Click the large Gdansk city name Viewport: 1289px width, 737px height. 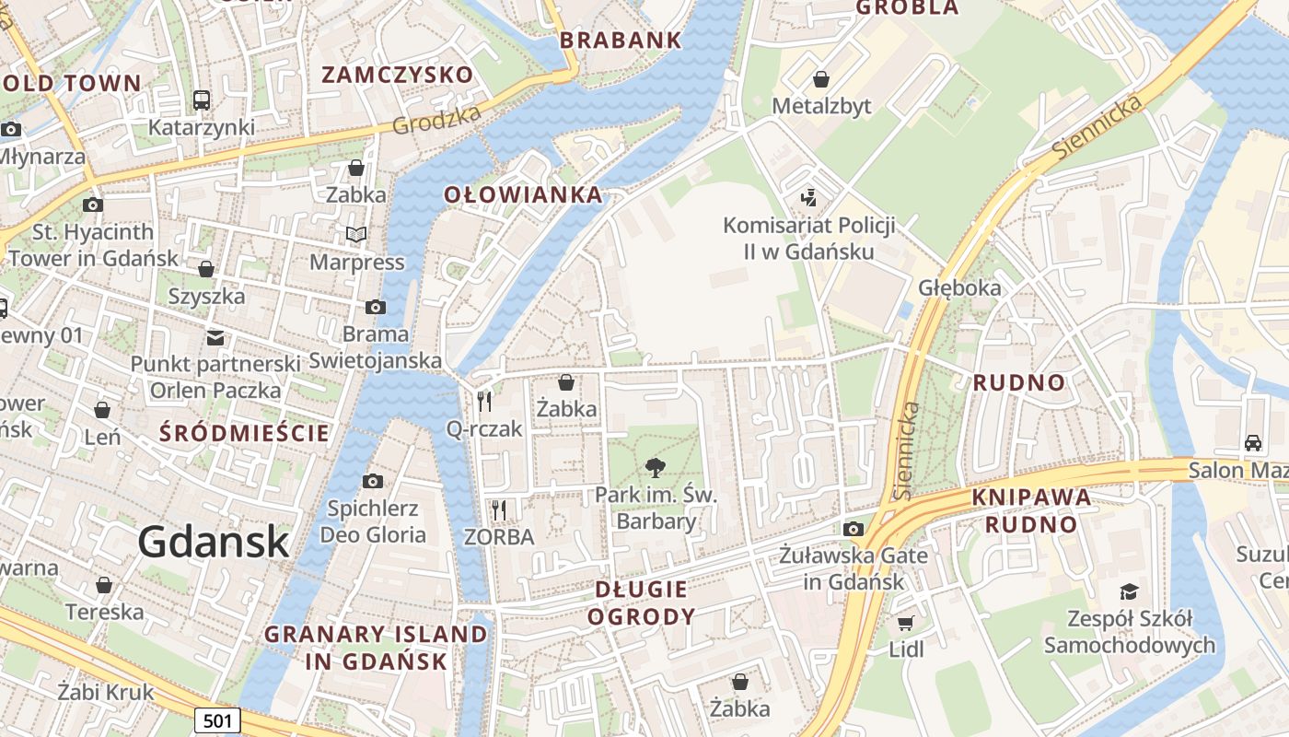click(214, 542)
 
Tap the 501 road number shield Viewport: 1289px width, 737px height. click(217, 720)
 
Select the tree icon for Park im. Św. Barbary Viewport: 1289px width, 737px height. click(656, 467)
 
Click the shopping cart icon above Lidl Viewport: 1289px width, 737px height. click(906, 623)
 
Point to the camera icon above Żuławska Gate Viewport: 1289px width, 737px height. click(854, 529)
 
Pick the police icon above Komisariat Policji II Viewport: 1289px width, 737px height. click(808, 197)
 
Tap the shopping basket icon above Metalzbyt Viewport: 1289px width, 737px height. click(820, 79)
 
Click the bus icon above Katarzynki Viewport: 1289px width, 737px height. click(201, 99)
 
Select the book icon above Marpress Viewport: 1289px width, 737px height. click(356, 235)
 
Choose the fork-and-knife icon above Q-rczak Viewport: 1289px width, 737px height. click(484, 402)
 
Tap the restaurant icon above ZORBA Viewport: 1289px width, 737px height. click(499, 509)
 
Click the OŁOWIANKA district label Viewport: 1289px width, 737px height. click(523, 195)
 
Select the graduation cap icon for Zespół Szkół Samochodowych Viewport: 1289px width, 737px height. click(1129, 591)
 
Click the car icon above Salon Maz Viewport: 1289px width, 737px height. click(1253, 442)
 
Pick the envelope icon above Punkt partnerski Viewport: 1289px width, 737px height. click(215, 337)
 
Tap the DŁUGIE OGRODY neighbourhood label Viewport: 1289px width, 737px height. click(642, 602)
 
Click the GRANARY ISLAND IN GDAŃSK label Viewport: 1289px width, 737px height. click(376, 648)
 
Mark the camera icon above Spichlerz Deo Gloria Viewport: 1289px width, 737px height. click(373, 481)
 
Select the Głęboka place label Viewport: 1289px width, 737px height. click(959, 287)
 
